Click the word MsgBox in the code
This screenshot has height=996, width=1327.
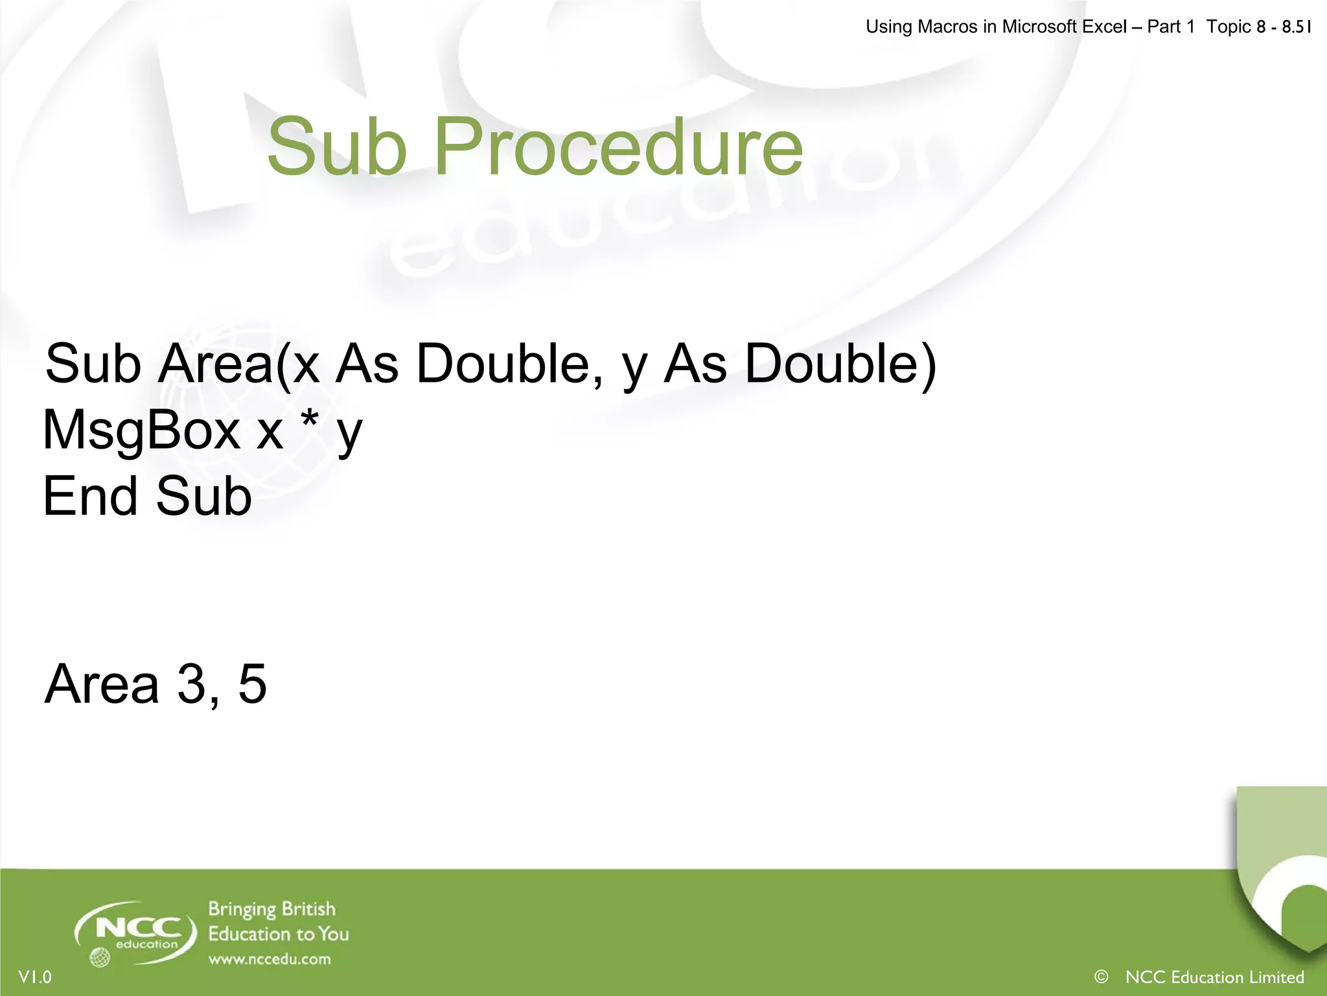[141, 431]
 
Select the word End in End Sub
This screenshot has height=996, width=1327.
[91, 496]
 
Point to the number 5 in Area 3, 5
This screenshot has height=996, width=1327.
[252, 683]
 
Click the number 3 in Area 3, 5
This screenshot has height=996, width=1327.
[192, 683]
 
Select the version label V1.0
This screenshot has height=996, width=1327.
[35, 977]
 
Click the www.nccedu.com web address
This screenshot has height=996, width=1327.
[270, 959]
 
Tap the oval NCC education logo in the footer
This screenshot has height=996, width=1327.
[136, 932]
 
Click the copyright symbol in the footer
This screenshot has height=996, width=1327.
[1100, 976]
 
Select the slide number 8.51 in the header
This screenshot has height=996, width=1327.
[1296, 27]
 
